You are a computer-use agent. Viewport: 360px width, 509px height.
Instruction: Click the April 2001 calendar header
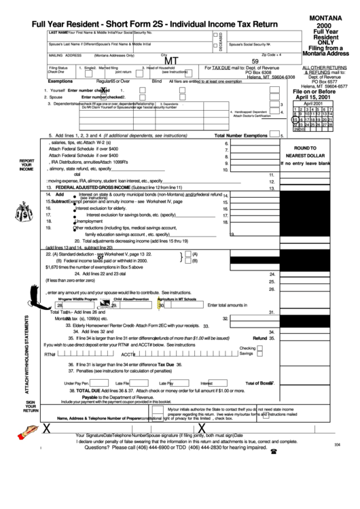click(x=313, y=102)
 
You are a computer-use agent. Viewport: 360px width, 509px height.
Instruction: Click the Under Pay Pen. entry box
click(x=95, y=383)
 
